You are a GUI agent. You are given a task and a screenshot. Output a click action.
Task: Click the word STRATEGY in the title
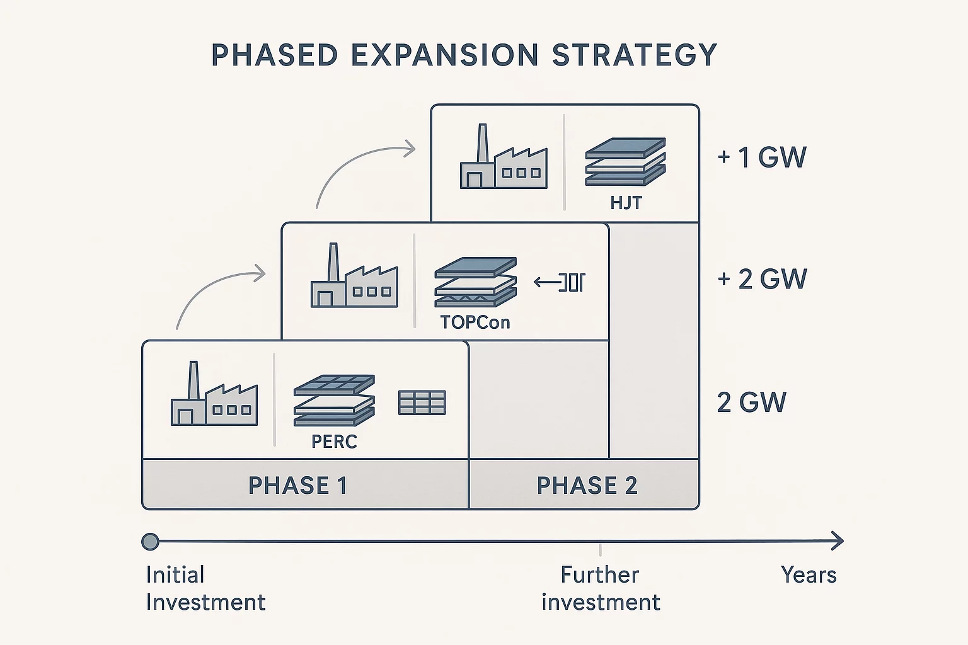click(x=634, y=55)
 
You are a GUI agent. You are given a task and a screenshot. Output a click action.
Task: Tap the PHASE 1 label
click(x=297, y=486)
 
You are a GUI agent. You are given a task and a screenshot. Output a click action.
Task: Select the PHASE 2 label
click(x=587, y=486)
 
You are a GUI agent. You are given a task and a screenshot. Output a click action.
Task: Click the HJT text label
click(x=626, y=203)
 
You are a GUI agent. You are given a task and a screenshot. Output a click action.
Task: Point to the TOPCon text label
click(x=475, y=322)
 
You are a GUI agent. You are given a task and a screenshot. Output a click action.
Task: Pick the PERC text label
click(x=334, y=442)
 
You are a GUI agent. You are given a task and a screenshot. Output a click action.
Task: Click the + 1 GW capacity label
click(x=762, y=157)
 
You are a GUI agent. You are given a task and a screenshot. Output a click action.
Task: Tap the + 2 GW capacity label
click(x=762, y=279)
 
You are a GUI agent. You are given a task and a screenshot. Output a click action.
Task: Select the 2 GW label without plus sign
click(x=751, y=402)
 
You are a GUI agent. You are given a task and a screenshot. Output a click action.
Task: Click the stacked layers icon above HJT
click(x=625, y=161)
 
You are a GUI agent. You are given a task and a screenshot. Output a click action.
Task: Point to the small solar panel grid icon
click(x=422, y=402)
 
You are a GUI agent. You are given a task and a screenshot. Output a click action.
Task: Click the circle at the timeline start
click(x=150, y=541)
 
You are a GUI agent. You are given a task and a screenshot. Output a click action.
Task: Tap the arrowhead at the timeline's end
click(x=838, y=540)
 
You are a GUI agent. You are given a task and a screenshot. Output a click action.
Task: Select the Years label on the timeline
click(x=809, y=574)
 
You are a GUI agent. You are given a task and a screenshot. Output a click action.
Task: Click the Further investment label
click(x=601, y=588)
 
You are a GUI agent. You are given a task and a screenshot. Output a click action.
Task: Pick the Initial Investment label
click(x=205, y=588)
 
